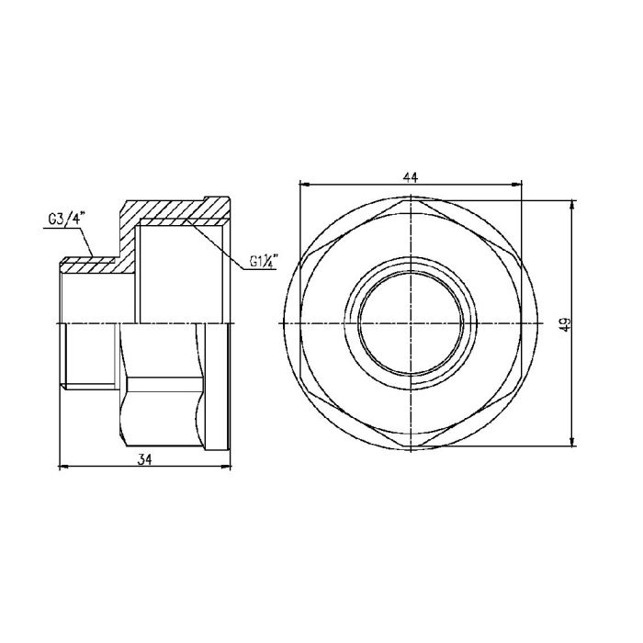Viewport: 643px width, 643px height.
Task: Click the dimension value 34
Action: tap(143, 458)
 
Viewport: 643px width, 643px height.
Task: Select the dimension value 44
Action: tap(411, 178)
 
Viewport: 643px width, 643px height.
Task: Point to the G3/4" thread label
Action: tap(65, 218)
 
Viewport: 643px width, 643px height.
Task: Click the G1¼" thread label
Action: tap(264, 262)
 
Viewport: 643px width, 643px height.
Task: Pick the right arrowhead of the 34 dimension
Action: tap(225, 467)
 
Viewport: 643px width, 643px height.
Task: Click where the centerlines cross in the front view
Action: tap(411, 322)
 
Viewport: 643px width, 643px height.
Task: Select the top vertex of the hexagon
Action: tap(411, 199)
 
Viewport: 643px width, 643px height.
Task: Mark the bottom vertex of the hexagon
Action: tap(411, 446)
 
